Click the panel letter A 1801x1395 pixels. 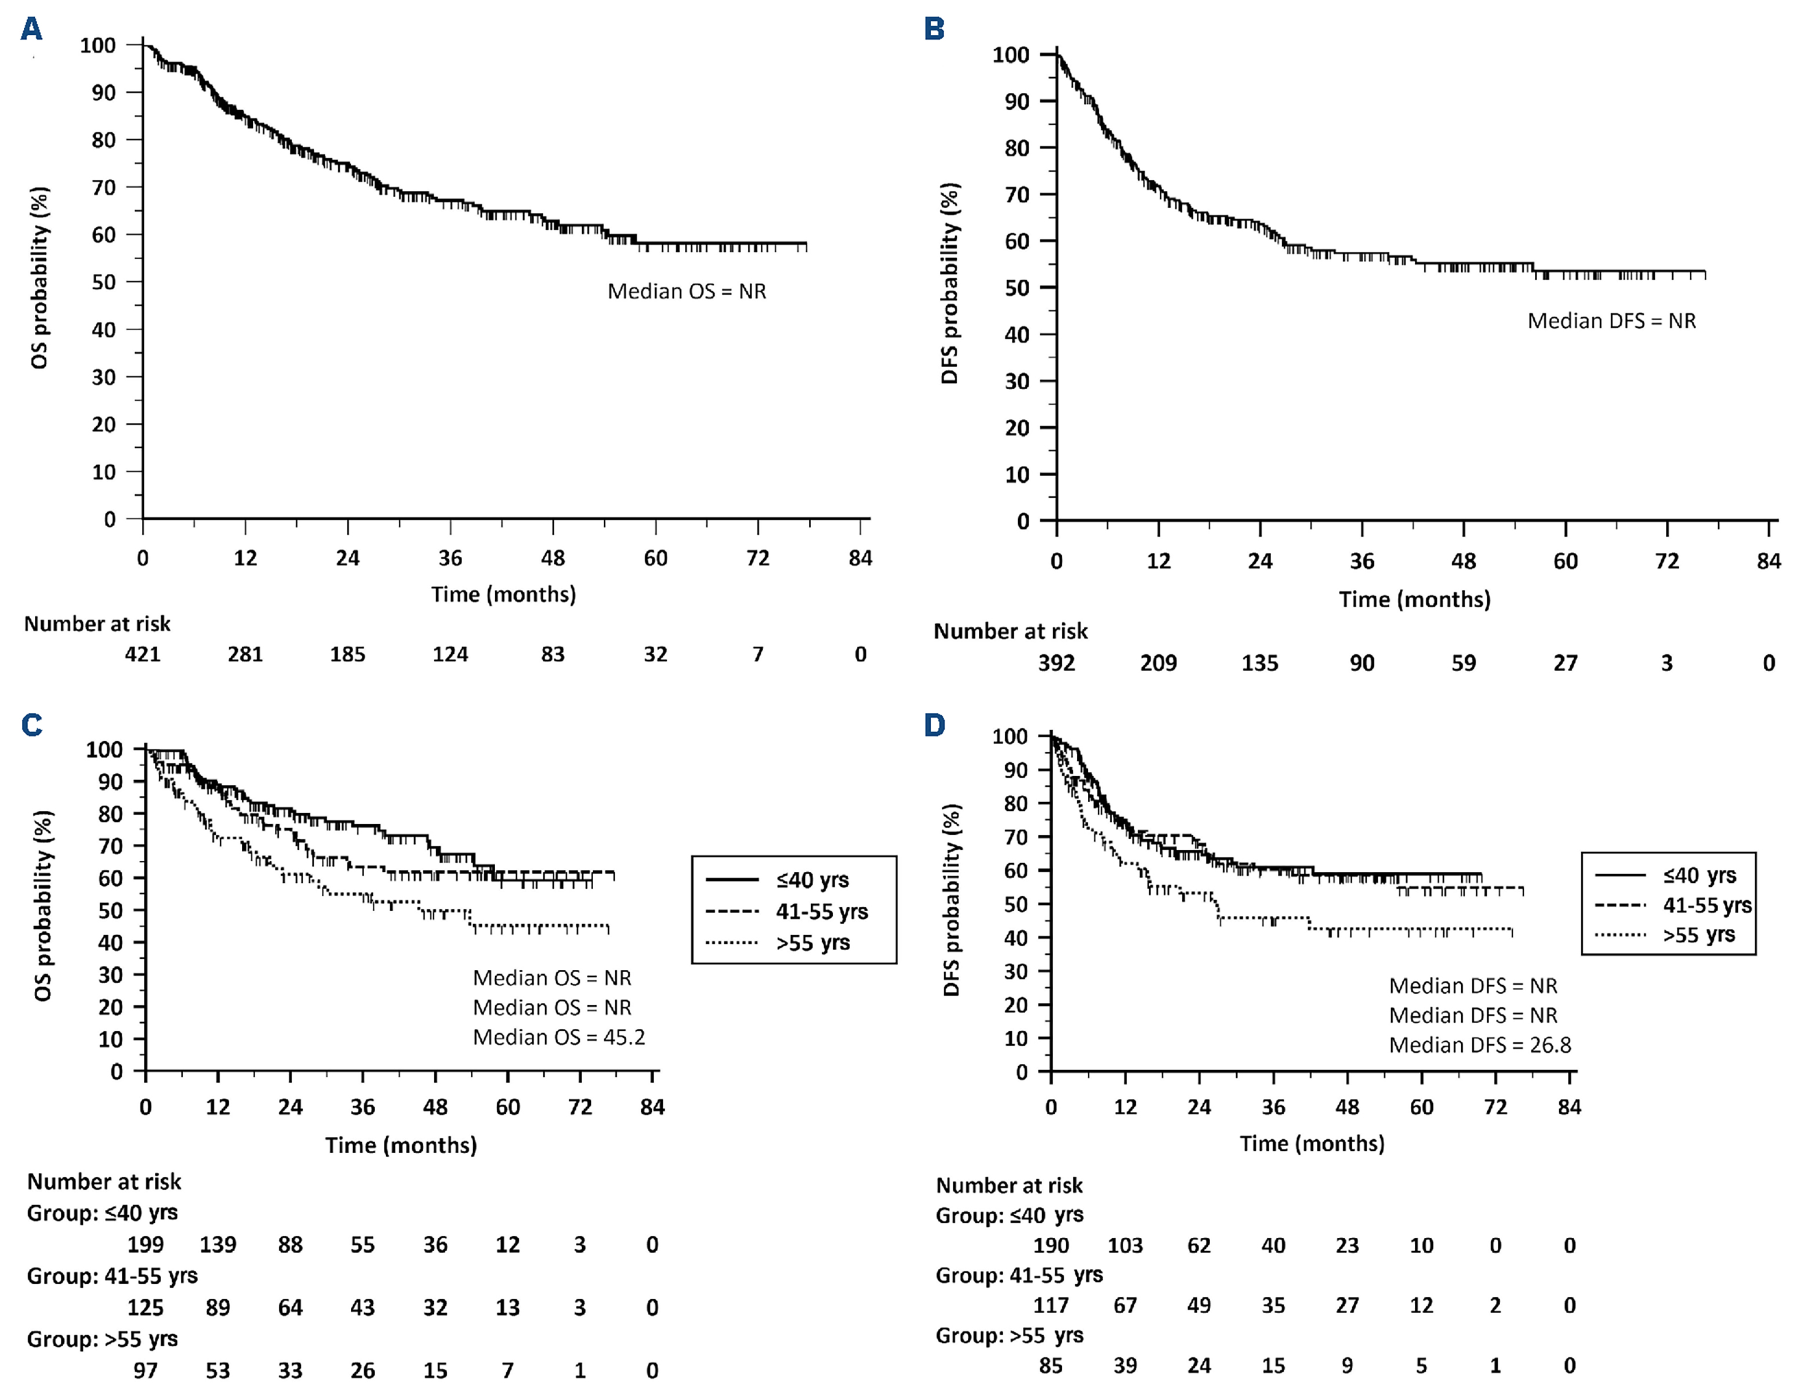click(31, 30)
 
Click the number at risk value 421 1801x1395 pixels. click(143, 654)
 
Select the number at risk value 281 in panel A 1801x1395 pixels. click(245, 654)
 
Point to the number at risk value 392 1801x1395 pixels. click(1056, 663)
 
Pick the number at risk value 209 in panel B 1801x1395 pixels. click(1158, 663)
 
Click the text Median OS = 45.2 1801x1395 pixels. click(558, 1037)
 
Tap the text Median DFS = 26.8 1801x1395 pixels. click(1479, 1045)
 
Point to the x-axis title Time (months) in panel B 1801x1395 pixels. click(1414, 600)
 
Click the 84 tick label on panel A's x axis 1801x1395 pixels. click(860, 559)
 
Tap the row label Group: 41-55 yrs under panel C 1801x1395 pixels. click(112, 1276)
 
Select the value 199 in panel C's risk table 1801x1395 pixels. click(145, 1245)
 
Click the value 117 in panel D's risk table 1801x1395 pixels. click(1051, 1306)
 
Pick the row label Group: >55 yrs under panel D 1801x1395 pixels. click(1010, 1336)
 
